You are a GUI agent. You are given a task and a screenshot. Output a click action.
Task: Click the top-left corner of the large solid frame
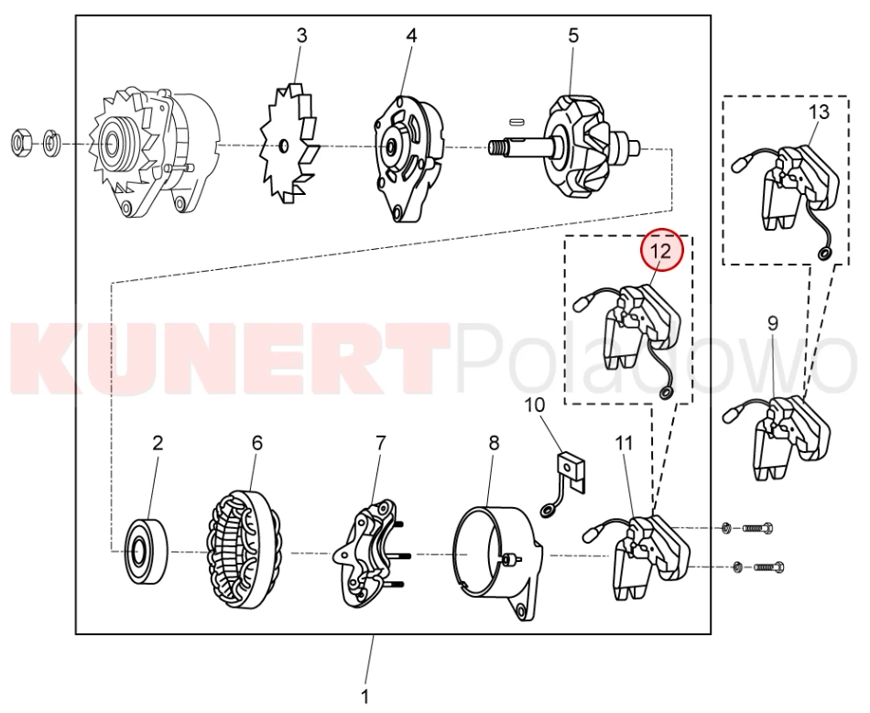click(76, 16)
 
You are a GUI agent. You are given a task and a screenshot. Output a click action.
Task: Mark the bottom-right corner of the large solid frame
click(711, 633)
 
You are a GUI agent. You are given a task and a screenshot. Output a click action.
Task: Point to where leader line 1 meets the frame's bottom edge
click(374, 633)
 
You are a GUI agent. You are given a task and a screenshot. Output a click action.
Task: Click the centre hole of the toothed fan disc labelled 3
click(283, 146)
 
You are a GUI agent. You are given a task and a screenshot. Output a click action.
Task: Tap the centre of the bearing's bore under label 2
click(137, 551)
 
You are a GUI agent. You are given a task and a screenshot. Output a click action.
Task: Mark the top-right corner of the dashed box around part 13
click(848, 96)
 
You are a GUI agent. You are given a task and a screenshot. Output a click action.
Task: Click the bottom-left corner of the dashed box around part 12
click(565, 404)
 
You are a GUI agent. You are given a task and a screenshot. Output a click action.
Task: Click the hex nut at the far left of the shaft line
click(22, 142)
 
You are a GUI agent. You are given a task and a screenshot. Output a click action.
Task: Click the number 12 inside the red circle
click(661, 251)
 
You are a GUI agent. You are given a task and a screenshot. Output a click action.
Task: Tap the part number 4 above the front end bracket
click(410, 36)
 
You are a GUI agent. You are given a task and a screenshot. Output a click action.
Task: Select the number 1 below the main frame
click(365, 696)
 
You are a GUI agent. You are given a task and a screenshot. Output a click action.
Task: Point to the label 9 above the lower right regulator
click(773, 323)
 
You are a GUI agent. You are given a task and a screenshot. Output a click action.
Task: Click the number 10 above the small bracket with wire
click(535, 405)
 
